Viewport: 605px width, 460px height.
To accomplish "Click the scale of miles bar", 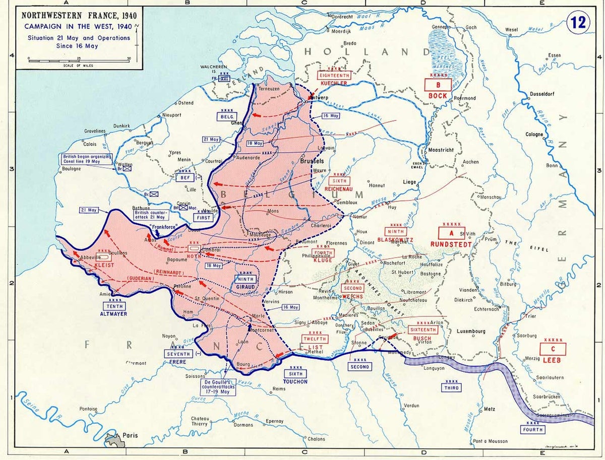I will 80,59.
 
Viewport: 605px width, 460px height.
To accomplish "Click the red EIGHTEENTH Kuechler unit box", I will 333,75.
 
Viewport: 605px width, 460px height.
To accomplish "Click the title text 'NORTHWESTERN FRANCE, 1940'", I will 78,15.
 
